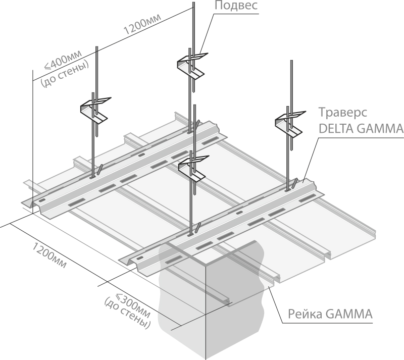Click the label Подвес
(x=236, y=5)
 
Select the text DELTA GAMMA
(x=361, y=128)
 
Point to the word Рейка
(x=305, y=314)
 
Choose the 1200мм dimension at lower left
(x=49, y=255)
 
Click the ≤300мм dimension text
(x=133, y=306)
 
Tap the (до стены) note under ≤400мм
(x=65, y=74)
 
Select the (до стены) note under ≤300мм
(x=127, y=313)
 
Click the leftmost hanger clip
(x=94, y=110)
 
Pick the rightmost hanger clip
(x=289, y=124)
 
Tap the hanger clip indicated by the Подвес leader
(x=191, y=66)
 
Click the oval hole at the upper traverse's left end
(x=42, y=200)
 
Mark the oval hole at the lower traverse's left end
(x=139, y=259)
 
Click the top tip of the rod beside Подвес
(x=193, y=3)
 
